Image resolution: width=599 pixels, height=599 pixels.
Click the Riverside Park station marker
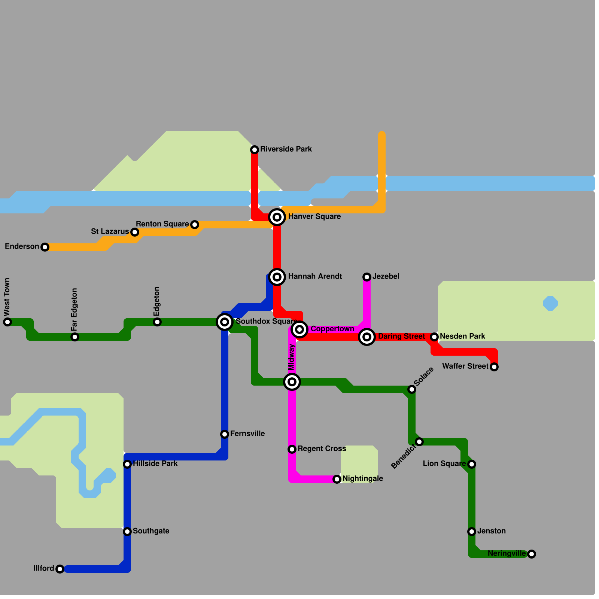click(255, 150)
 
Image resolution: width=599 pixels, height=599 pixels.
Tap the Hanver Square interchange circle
click(277, 217)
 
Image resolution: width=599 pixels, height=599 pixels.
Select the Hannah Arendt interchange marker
click(277, 277)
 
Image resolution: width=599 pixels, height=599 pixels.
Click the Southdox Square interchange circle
click(225, 322)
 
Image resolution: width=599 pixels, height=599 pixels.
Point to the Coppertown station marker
click(299, 329)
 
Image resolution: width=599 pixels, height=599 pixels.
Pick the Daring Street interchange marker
click(367, 337)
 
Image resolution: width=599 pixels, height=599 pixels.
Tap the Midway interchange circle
click(292, 382)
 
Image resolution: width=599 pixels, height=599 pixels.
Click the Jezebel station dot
click(367, 277)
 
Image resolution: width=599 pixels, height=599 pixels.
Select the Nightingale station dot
click(337, 479)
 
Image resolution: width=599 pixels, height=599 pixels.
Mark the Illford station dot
click(60, 569)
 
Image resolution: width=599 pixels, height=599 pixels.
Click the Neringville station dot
click(532, 554)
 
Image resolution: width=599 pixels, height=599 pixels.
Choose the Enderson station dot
click(45, 247)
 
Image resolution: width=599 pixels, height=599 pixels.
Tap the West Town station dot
click(7, 322)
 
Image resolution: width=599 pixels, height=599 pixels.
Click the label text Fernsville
click(247, 434)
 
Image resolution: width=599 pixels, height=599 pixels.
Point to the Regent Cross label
click(322, 449)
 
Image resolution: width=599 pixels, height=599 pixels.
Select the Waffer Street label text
click(465, 366)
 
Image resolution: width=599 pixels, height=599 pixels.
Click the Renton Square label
click(162, 224)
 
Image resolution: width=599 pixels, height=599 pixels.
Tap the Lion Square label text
click(444, 463)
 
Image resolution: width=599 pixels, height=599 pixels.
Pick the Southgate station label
click(151, 531)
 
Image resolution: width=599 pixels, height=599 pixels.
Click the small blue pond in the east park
click(550, 303)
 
